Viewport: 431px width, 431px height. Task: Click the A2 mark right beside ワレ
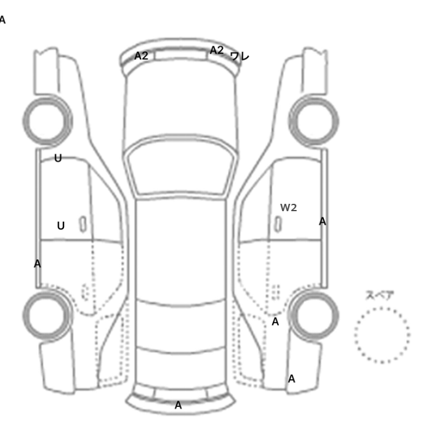click(x=217, y=50)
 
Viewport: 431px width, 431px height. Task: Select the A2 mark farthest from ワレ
click(x=141, y=56)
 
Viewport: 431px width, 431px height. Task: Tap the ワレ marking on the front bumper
click(x=240, y=57)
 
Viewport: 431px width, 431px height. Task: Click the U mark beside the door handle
click(x=61, y=226)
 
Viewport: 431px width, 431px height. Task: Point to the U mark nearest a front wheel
click(x=58, y=158)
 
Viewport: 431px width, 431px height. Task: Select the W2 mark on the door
click(x=288, y=207)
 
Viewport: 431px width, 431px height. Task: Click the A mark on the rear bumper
click(x=178, y=405)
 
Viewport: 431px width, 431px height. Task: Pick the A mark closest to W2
click(x=323, y=221)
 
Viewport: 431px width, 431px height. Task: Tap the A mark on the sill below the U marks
click(x=38, y=264)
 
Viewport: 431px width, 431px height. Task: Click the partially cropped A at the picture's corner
click(x=2, y=20)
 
